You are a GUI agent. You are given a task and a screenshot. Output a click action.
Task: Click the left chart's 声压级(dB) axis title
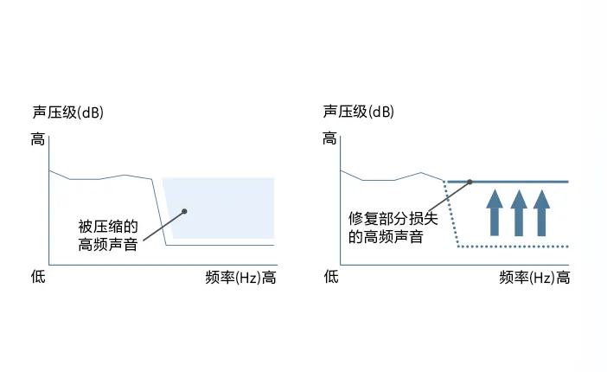(68, 112)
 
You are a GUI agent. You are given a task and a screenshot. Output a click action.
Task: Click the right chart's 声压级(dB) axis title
(359, 112)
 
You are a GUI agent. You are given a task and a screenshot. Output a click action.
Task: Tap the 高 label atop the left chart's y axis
(38, 139)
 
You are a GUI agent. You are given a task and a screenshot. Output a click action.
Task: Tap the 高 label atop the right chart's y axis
(329, 138)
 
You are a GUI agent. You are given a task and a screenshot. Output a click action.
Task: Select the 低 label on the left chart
(38, 277)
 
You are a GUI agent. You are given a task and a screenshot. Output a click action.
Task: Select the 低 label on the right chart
(331, 277)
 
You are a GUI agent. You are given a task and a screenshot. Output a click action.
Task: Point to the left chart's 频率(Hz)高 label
(240, 278)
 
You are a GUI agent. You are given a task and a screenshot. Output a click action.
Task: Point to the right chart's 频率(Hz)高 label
(534, 278)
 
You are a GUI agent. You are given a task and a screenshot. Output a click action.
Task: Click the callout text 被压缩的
(108, 227)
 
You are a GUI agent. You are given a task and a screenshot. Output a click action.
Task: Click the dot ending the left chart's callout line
(184, 211)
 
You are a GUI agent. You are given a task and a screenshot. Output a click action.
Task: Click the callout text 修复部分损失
(393, 219)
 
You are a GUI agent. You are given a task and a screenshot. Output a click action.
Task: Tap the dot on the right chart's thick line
(470, 182)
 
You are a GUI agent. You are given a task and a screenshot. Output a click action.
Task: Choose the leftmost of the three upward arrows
(495, 213)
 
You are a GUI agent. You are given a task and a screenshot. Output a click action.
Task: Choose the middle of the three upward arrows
(519, 213)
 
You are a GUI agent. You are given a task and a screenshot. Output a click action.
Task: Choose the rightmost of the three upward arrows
(541, 213)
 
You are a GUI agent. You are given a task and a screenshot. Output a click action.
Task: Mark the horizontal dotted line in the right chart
(513, 247)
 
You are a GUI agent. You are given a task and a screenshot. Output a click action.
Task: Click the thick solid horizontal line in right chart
(508, 182)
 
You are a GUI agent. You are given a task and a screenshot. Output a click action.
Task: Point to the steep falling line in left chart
(159, 212)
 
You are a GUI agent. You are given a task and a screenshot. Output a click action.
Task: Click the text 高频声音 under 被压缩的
(108, 245)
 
